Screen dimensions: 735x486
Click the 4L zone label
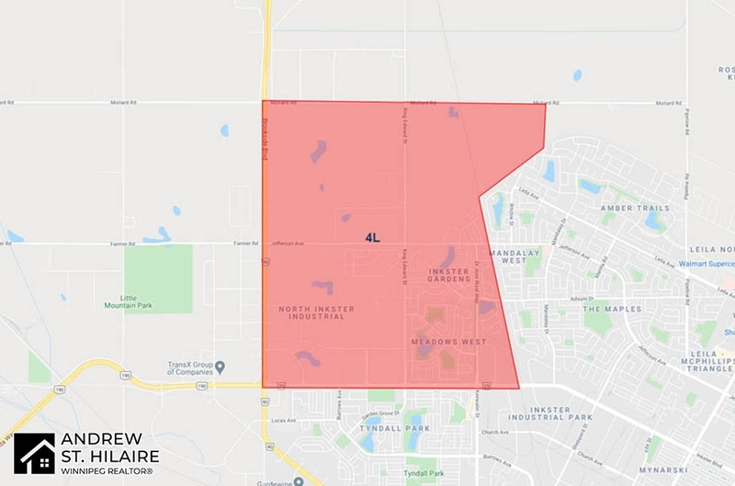(372, 237)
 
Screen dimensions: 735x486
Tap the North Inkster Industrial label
(316, 313)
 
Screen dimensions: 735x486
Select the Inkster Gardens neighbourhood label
(448, 276)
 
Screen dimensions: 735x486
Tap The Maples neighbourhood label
(610, 309)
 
